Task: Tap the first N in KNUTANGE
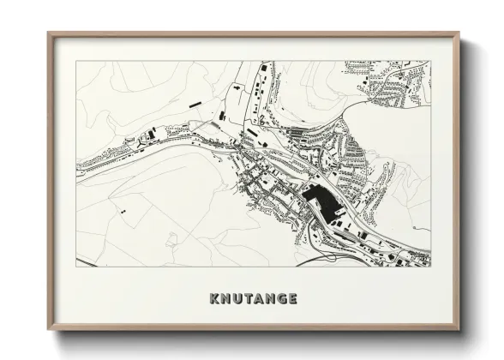tap(226, 299)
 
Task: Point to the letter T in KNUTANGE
tap(249, 299)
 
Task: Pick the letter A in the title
tap(259, 299)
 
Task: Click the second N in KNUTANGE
tap(271, 299)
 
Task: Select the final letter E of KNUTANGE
tap(294, 299)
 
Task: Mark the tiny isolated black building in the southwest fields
tap(123, 211)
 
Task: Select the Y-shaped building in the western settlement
tap(130, 142)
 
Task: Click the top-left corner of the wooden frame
tap(48, 33)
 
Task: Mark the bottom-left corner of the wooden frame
tap(48, 330)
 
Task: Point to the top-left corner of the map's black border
tap(75, 61)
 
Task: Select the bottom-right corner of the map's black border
tap(431, 267)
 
